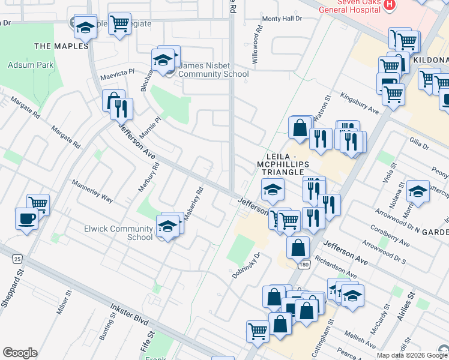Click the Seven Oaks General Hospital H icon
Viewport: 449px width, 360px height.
(x=390, y=5)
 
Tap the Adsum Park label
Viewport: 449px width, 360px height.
(x=31, y=65)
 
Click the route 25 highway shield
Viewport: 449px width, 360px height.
(x=17, y=259)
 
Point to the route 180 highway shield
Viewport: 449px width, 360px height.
(x=305, y=264)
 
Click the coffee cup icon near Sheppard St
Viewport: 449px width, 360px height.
(x=26, y=218)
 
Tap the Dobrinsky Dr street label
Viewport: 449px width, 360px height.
(x=246, y=265)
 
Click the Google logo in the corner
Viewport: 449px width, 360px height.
(x=20, y=353)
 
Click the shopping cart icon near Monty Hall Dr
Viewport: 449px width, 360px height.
(x=119, y=23)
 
